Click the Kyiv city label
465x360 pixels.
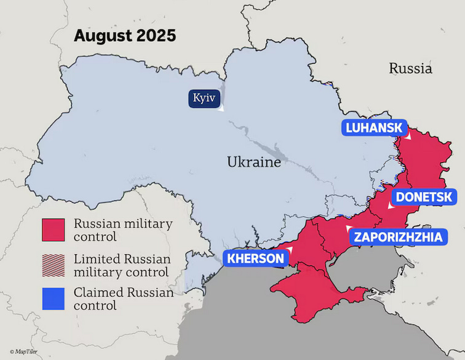click(204, 98)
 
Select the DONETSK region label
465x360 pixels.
click(424, 198)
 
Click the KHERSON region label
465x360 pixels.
click(255, 258)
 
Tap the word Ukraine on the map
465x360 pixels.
click(253, 162)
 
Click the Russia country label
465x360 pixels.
click(410, 68)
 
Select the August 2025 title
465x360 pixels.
click(125, 36)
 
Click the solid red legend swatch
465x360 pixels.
click(54, 230)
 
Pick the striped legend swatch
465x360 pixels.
click(54, 265)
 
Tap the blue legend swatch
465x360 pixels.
click(54, 299)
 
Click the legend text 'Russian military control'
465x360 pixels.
click(122, 230)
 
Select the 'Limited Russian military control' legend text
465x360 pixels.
click(122, 265)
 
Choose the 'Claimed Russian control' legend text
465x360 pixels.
click(123, 299)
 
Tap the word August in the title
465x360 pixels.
click(98, 36)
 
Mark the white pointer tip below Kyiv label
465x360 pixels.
click(222, 110)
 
